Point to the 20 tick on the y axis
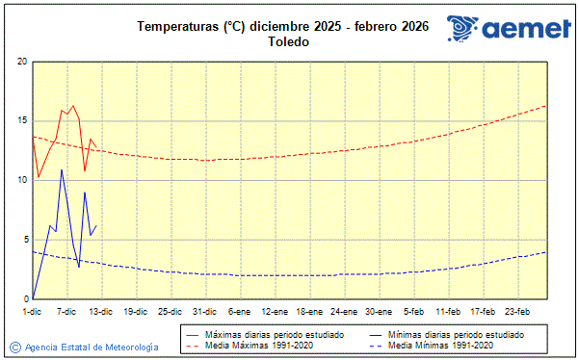(22, 62)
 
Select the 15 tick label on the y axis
(22, 121)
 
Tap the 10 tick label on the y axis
(22, 180)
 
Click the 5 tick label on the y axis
(24, 240)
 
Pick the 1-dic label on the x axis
(32, 311)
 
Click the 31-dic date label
(204, 311)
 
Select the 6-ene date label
(239, 311)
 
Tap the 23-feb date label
(517, 311)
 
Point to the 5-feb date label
(413, 311)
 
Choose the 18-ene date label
(309, 311)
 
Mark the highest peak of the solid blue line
(62, 169)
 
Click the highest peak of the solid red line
(73, 106)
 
